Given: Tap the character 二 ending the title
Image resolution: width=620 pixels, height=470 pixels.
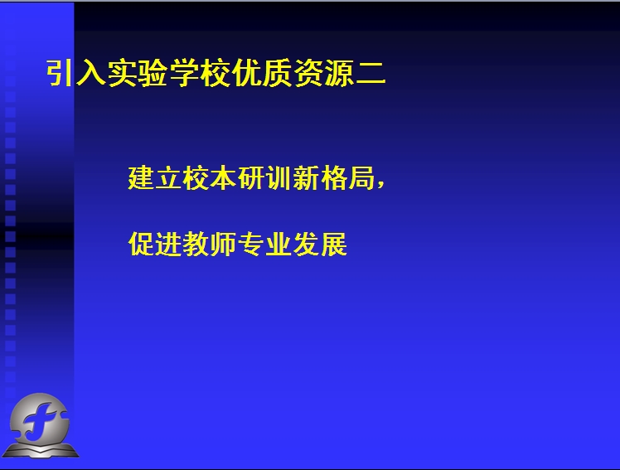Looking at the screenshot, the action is (371, 74).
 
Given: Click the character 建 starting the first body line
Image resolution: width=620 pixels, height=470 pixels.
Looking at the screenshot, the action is (140, 179).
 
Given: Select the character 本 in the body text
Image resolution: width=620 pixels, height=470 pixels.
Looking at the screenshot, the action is (223, 179).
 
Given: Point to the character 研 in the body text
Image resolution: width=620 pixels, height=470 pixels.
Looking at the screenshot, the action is (250, 179).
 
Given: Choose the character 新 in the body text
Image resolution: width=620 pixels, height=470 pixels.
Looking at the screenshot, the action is (305, 179).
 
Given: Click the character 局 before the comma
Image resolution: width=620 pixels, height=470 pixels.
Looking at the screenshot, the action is (361, 179).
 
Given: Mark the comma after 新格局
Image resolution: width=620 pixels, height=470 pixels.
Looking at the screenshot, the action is (380, 184).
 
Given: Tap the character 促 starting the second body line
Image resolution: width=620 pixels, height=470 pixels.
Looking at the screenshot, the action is (141, 244).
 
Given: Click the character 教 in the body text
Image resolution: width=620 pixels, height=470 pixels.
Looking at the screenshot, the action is (196, 244).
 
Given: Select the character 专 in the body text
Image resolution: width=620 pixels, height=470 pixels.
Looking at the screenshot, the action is (251, 244).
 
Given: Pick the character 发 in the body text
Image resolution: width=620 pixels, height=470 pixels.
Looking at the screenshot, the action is (307, 244).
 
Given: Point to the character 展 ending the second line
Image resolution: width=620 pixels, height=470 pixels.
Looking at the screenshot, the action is (334, 244).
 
